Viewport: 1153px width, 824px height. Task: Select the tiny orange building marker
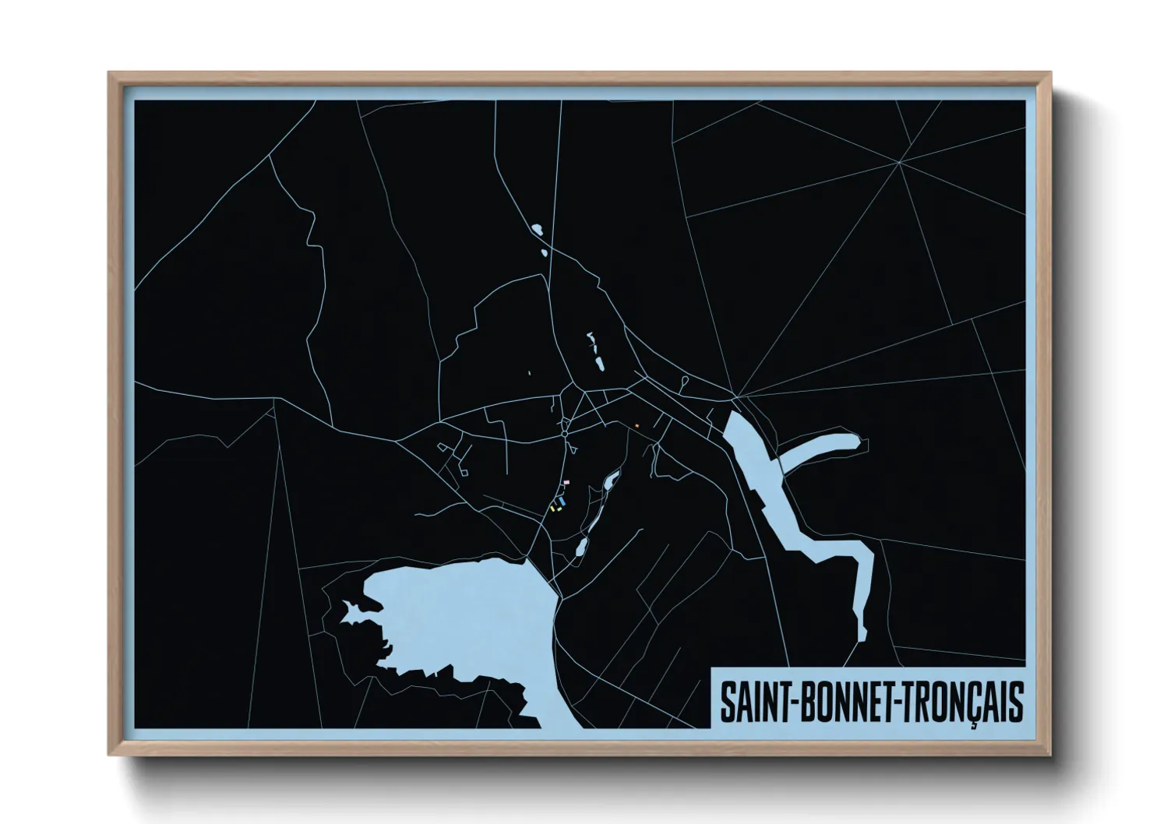tap(636, 425)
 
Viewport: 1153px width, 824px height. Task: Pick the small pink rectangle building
tap(566, 483)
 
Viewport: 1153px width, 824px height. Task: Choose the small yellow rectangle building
tap(552, 509)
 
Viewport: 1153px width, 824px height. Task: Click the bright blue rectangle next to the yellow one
tap(559, 500)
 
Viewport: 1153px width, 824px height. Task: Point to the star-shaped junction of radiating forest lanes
tap(899, 162)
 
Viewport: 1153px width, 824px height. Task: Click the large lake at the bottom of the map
tap(460, 615)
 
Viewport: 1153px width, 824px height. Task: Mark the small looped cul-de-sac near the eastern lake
tap(684, 381)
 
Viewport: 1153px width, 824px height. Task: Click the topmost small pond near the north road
tap(536, 229)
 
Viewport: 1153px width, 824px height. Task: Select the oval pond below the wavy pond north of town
tap(599, 364)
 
